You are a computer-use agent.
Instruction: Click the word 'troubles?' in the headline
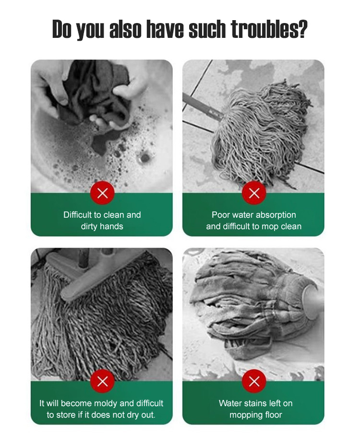[269, 29]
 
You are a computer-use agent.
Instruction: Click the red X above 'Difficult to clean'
[102, 193]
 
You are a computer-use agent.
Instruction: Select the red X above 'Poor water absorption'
[254, 193]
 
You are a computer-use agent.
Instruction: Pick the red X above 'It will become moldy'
[102, 382]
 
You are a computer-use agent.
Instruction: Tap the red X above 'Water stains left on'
[254, 382]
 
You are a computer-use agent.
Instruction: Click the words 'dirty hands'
[102, 226]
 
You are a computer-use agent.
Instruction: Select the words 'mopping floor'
[256, 415]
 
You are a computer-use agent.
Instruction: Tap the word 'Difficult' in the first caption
[78, 215]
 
